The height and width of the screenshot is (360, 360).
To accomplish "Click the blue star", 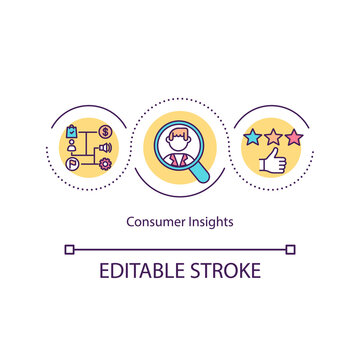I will click(252, 137).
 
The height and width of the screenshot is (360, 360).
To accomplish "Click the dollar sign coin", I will click(106, 131).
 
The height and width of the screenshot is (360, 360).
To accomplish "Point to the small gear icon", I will click(105, 166).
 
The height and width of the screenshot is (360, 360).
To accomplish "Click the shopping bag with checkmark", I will click(71, 130).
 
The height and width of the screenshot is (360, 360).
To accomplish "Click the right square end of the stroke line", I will click(291, 248).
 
